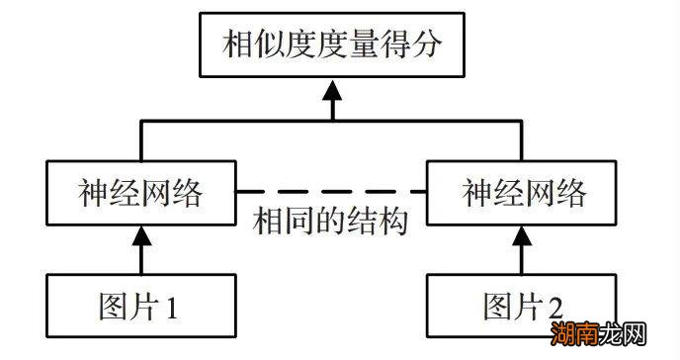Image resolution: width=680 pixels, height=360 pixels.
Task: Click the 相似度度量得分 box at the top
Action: (x=332, y=45)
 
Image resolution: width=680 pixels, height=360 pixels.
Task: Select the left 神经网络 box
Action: (x=139, y=192)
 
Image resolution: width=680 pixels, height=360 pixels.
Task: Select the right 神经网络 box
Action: (x=523, y=192)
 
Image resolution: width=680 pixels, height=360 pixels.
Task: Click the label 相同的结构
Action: (x=331, y=222)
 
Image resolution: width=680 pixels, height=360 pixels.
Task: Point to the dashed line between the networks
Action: (x=331, y=189)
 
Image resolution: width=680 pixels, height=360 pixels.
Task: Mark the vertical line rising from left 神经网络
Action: (x=139, y=142)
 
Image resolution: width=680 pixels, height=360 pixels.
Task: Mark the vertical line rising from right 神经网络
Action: (x=523, y=142)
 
